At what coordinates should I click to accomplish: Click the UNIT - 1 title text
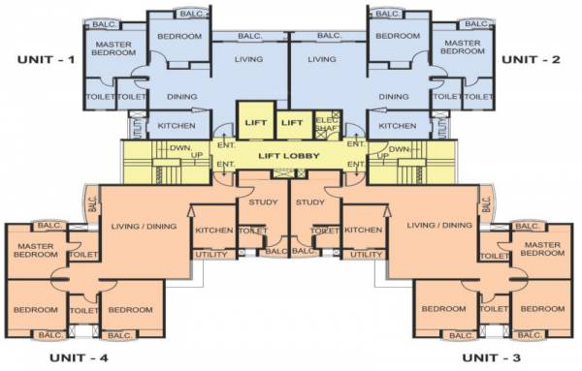[x=46, y=60]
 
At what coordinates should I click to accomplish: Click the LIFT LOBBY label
[x=290, y=155]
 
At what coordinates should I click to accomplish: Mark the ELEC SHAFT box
[x=328, y=124]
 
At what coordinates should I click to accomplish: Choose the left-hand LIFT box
[x=255, y=122]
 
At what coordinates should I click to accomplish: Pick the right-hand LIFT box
[x=291, y=122]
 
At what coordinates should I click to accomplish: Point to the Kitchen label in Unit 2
[x=397, y=126]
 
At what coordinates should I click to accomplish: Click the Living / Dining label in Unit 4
[x=144, y=226]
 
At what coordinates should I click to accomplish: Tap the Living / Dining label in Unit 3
[x=434, y=226]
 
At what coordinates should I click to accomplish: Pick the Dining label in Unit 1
[x=181, y=97]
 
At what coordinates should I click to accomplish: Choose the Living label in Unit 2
[x=322, y=59]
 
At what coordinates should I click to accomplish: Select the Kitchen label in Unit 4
[x=212, y=231]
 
